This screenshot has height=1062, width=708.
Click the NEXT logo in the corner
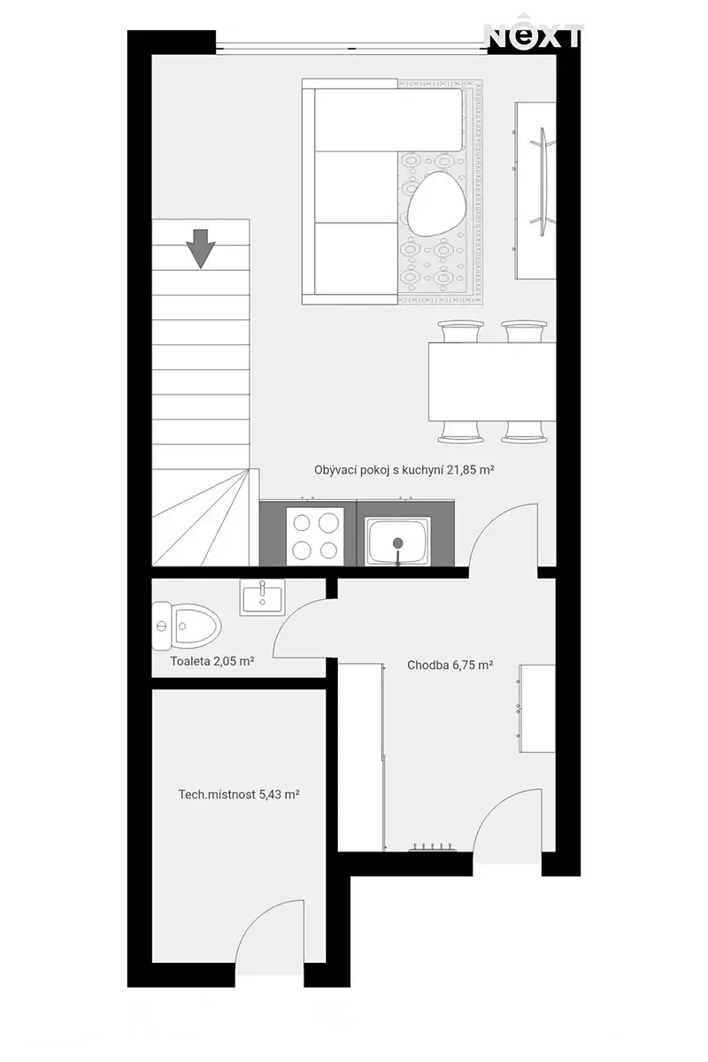point(533,35)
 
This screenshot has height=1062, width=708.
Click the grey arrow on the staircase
point(201,249)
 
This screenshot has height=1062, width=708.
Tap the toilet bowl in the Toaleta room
point(187,627)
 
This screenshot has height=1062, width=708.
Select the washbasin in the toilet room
point(262,597)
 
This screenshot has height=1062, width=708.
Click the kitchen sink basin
point(397,541)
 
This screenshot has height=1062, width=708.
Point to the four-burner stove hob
point(315,536)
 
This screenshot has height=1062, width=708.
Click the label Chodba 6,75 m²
point(450,666)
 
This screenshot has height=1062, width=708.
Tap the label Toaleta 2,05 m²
point(212,661)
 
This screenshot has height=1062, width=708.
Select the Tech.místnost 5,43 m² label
point(239,794)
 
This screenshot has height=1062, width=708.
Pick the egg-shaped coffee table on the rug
point(436,204)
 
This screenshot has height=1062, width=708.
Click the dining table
point(492,381)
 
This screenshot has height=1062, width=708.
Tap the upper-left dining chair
point(460,331)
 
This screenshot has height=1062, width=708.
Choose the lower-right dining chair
point(524,432)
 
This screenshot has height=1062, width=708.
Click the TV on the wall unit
point(545,181)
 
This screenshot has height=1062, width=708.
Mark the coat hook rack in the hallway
point(433,848)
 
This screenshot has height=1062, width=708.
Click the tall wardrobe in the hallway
point(360,757)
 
